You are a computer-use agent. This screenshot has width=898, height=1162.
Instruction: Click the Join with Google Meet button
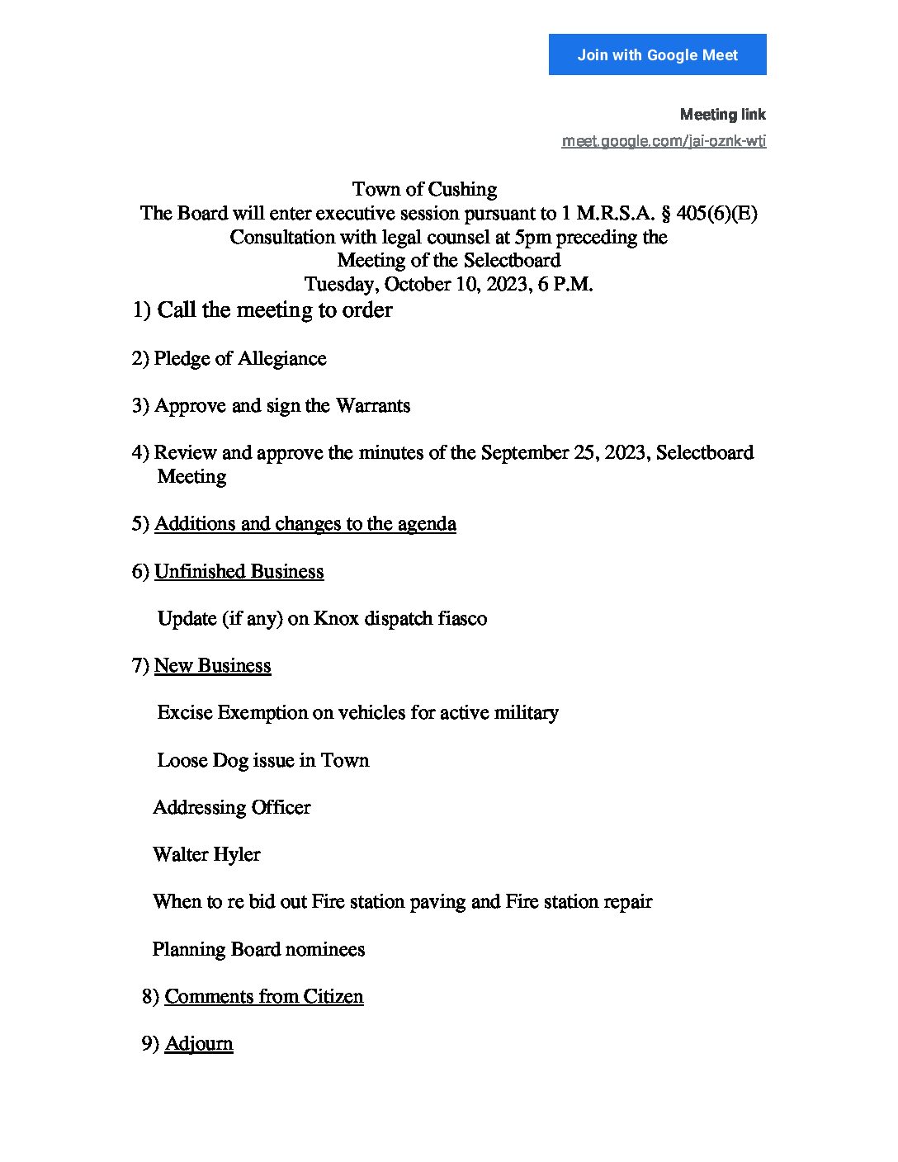657,54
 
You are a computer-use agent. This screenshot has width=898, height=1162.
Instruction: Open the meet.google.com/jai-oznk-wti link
664,141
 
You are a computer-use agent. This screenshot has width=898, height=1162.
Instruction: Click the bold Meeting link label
722,115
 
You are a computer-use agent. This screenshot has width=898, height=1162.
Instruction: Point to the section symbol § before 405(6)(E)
665,214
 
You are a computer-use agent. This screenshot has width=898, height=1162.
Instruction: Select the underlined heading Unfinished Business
239,572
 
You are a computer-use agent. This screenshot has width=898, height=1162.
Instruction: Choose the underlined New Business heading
212,666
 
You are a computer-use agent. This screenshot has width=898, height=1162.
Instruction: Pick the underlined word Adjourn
199,1044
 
